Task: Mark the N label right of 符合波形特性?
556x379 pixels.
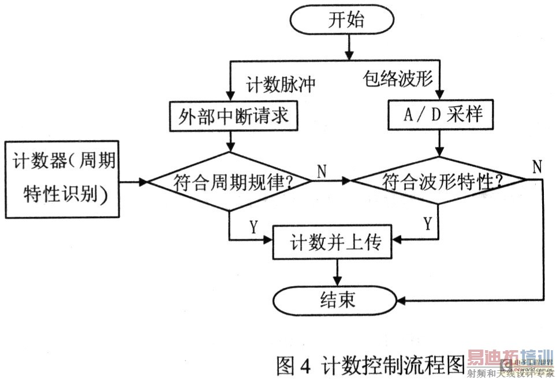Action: pyautogui.click(x=537, y=167)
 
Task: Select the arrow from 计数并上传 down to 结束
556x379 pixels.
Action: pyautogui.click(x=337, y=274)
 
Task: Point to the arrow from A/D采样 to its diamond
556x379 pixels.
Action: pyautogui.click(x=440, y=145)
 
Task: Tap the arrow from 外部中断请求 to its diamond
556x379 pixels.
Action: pyautogui.click(x=231, y=141)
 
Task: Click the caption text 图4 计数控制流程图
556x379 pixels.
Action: pyautogui.click(x=370, y=365)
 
